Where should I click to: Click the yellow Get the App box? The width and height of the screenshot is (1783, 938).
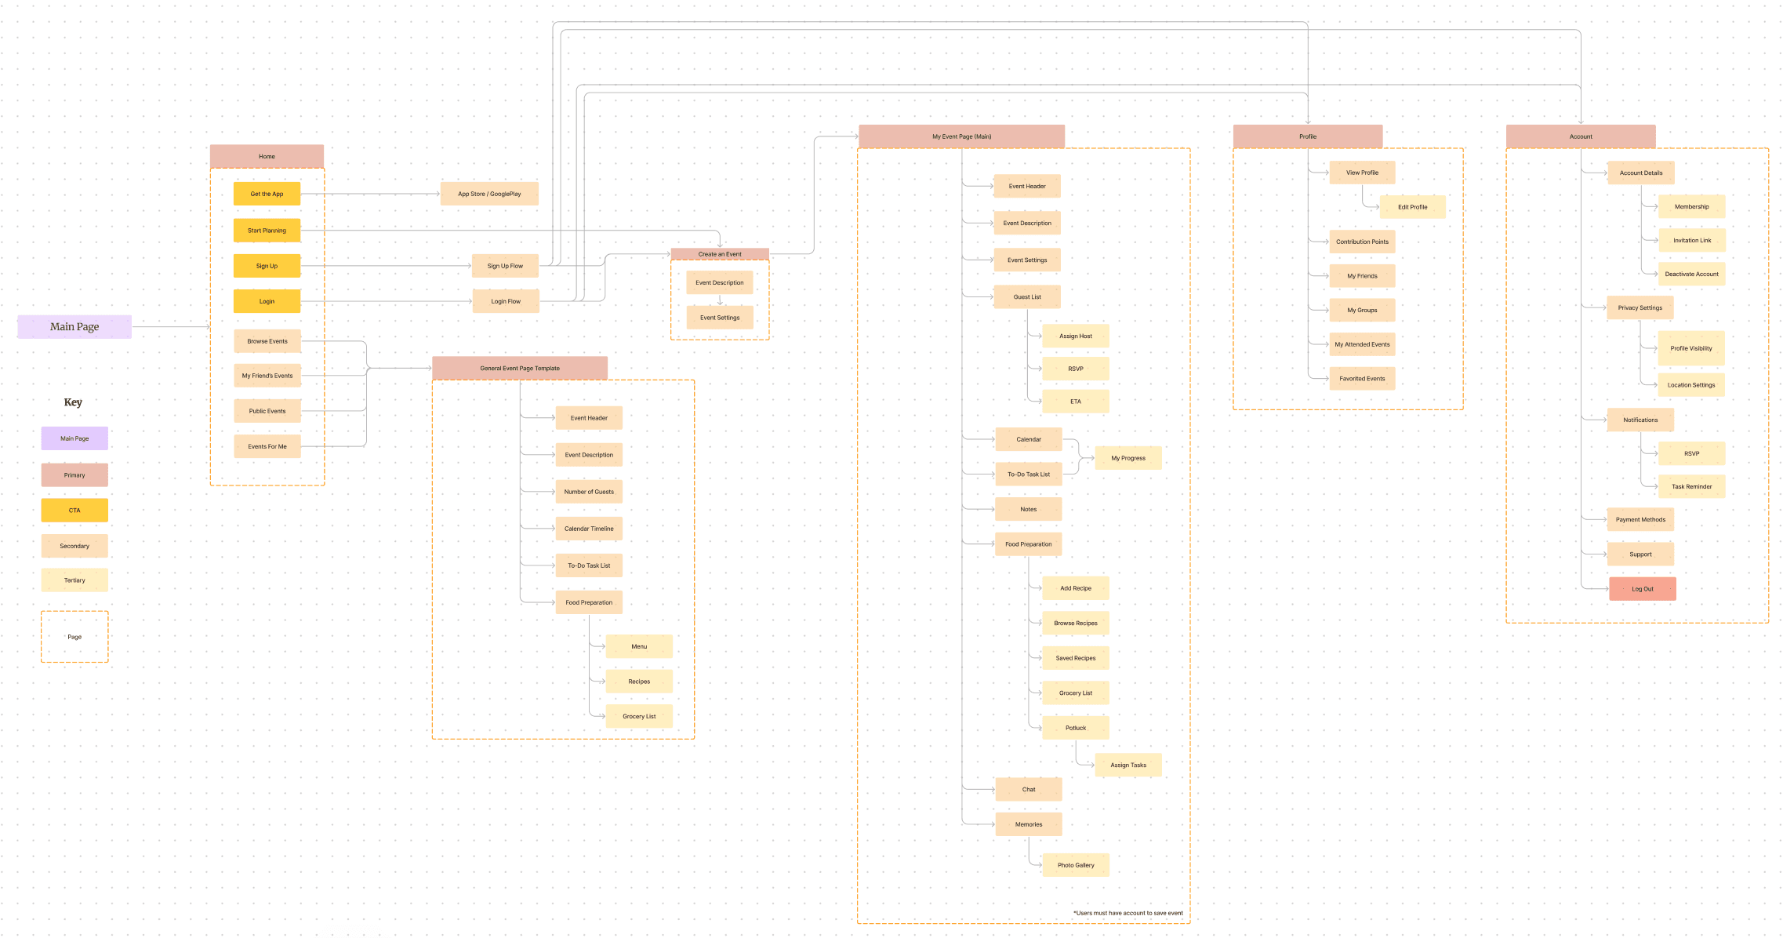[267, 194]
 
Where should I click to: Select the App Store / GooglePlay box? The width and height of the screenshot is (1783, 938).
[489, 194]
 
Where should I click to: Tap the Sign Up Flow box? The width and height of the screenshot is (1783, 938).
[505, 266]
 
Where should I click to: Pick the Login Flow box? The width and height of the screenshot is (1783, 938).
[506, 301]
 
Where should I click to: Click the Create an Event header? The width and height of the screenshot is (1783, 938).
[720, 254]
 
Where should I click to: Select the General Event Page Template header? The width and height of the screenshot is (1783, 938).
[520, 368]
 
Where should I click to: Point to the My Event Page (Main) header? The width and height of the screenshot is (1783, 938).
[961, 136]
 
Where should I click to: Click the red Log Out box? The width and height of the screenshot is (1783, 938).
[1642, 589]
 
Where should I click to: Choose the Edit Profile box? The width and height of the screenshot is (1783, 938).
[1412, 207]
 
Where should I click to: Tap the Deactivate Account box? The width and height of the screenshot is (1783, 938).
[1691, 274]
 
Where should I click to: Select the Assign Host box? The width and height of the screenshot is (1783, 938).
[1075, 336]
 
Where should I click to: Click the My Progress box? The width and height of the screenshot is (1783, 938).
[1128, 458]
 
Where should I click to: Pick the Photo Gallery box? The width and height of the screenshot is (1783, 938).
[1075, 865]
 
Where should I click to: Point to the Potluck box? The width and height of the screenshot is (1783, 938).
[1075, 728]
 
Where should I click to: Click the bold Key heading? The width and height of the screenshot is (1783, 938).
[73, 402]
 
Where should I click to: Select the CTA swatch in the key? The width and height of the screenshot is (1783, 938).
[74, 511]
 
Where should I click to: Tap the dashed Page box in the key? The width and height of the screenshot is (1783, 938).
[74, 637]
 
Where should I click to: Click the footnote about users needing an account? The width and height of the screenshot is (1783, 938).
[1128, 913]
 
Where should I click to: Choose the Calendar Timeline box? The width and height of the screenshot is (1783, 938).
[589, 529]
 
